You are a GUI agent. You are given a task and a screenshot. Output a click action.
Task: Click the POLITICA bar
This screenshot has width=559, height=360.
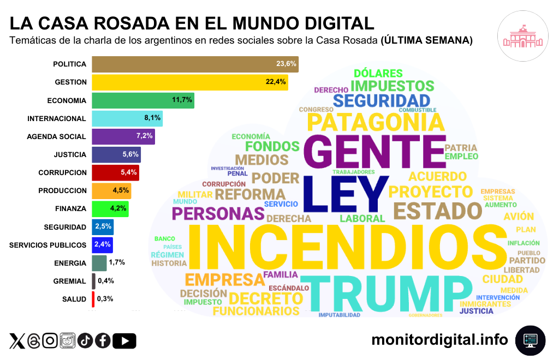[195, 64]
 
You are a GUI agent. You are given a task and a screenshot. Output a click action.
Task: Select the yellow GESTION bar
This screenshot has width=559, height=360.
[189, 82]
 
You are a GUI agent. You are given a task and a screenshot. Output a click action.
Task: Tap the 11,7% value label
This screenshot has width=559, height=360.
[181, 100]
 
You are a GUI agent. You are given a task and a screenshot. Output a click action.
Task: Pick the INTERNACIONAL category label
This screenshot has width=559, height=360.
[57, 118]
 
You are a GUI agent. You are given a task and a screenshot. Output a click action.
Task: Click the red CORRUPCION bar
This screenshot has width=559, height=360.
[115, 172]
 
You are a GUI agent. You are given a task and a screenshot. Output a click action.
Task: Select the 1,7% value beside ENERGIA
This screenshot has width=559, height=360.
[117, 262]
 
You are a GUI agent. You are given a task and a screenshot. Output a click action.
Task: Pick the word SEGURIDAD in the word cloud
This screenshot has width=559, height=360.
[382, 100]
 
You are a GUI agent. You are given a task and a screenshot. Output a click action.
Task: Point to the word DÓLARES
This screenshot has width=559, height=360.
[378, 73]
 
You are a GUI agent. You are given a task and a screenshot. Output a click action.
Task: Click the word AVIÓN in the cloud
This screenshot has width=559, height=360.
[519, 217]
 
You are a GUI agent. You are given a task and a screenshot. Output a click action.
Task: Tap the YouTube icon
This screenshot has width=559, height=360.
[124, 341]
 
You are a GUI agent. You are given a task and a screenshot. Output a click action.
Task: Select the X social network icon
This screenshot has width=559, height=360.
[17, 341]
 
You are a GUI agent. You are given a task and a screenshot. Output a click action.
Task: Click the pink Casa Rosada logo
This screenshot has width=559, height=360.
[522, 37]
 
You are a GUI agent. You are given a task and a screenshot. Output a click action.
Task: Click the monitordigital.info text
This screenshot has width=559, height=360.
[439, 340]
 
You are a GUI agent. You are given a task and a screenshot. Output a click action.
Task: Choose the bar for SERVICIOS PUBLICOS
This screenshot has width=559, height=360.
[103, 244]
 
